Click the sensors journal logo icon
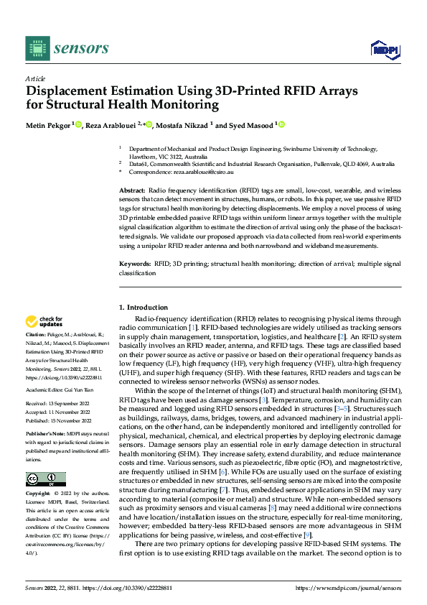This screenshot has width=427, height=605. coord(37,48)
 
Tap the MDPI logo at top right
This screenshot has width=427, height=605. coord(384,48)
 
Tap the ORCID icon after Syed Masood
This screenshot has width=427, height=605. coord(281,124)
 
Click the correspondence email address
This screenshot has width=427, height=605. coord(198,172)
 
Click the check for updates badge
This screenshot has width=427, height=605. coord(44,322)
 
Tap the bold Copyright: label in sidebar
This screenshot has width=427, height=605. coord(39,494)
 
